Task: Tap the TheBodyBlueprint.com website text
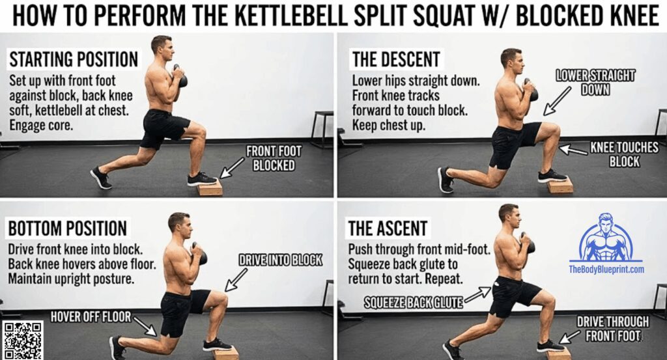[606, 270]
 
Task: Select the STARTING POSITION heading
[73, 60]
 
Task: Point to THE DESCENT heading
[397, 60]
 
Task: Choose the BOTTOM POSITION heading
[67, 228]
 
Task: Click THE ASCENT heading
[389, 228]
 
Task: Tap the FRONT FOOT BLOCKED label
[274, 158]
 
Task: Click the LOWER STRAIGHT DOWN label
[595, 82]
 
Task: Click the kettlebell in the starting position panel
[180, 77]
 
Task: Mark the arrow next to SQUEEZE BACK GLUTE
[478, 294]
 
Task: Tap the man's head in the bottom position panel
[178, 223]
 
